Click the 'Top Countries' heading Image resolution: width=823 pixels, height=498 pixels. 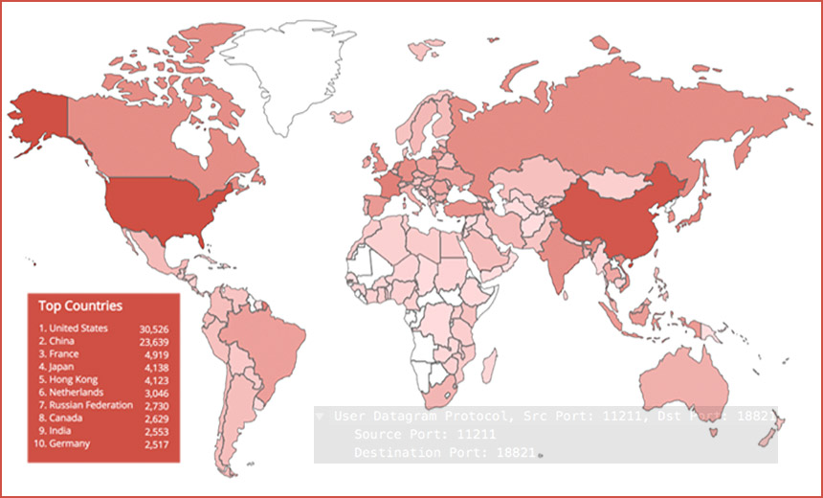80,306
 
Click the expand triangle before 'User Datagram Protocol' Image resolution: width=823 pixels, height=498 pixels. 321,418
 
